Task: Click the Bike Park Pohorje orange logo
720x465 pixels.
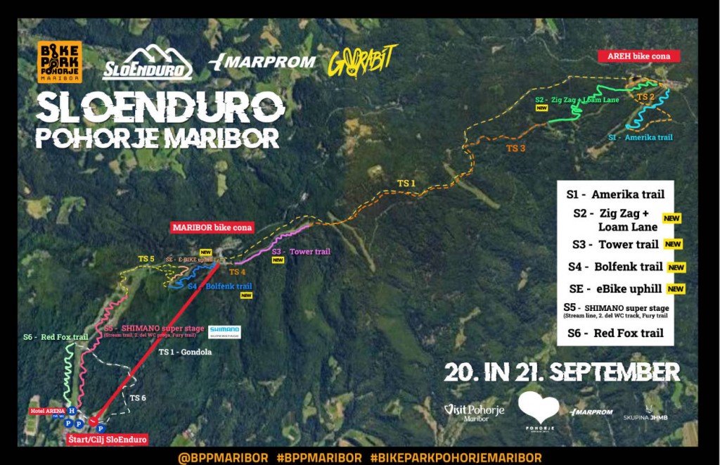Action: coord(60,62)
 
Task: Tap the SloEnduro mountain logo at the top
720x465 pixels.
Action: coord(148,63)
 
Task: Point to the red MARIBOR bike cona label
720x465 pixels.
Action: coord(212,228)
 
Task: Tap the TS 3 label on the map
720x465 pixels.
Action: coord(516,148)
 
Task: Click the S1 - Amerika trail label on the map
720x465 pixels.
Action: coord(640,137)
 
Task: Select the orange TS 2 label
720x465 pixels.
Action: coord(645,96)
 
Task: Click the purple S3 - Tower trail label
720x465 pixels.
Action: coord(300,251)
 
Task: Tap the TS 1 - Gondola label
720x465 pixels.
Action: coord(185,352)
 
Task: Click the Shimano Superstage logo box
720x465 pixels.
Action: coord(224,331)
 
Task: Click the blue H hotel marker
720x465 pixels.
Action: coord(71,411)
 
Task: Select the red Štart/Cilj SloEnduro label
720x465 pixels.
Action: coord(108,440)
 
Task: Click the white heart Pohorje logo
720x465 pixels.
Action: coord(538,408)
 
